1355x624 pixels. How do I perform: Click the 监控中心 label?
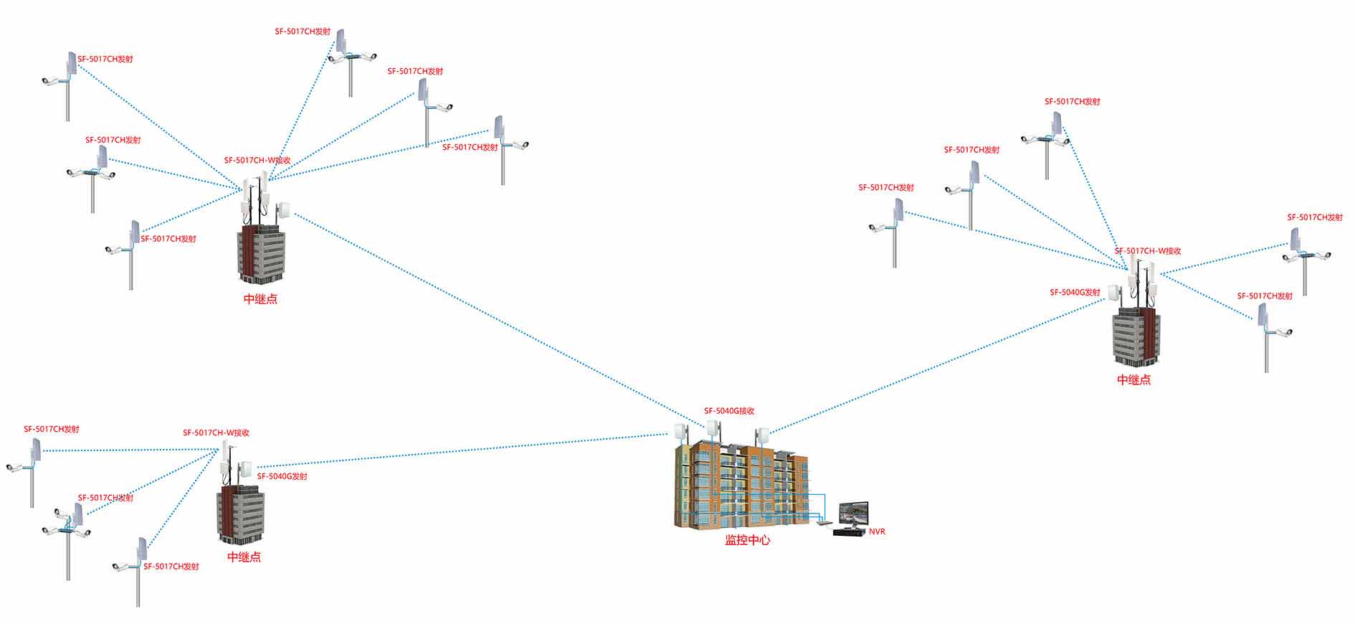coord(747,540)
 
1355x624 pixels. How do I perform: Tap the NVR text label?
coord(877,531)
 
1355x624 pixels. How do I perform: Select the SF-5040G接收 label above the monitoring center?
coord(729,411)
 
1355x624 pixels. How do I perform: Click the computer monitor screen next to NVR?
coord(852,514)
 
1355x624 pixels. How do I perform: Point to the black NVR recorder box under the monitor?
coord(849,532)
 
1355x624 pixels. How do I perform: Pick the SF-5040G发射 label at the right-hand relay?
coord(1075,293)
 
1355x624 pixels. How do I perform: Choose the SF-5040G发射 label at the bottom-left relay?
coord(282,476)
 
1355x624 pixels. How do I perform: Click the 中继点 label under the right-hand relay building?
coord(1133,380)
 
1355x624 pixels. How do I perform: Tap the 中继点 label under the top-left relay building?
coord(260,300)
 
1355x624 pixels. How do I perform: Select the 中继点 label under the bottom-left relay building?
coord(244,557)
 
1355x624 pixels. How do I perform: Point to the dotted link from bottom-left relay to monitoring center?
coord(459,451)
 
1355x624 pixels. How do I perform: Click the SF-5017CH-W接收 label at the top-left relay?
coord(257,161)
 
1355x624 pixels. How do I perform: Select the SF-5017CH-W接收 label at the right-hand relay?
coord(1148,251)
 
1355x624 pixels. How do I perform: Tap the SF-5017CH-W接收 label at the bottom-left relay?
coord(216,433)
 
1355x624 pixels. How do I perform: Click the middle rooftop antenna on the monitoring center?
coord(713,429)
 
